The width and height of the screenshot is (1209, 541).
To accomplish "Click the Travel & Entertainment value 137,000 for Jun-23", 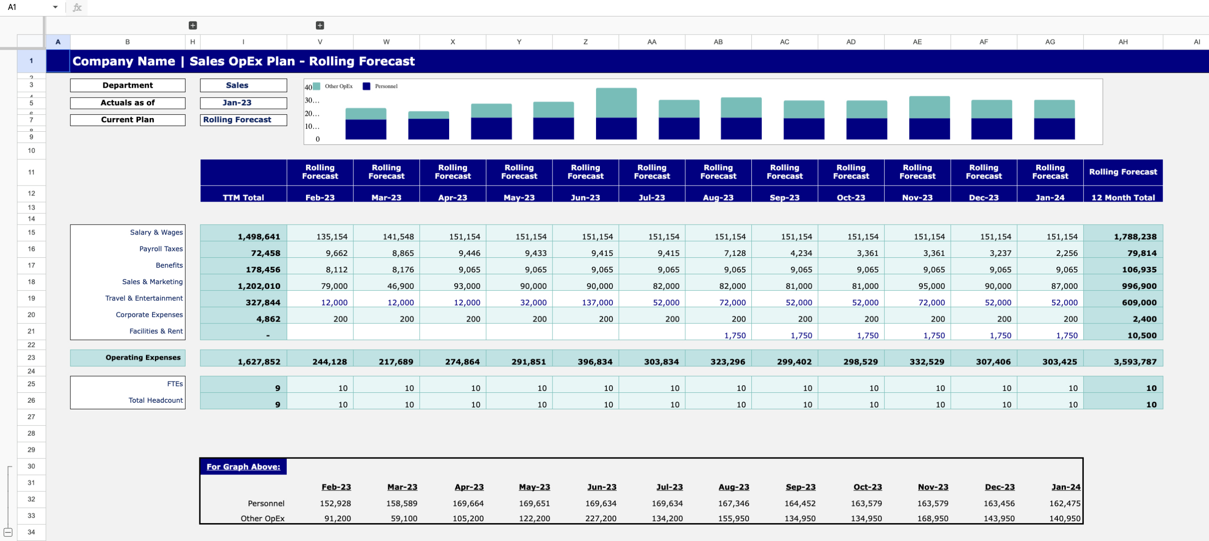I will [597, 303].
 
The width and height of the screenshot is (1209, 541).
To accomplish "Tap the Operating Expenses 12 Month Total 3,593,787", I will [1135, 362].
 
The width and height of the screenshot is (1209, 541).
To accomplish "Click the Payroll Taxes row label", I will [161, 249].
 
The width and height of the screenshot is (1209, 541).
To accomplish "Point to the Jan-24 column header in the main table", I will [1049, 197].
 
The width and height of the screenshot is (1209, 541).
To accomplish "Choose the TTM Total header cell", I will [243, 197].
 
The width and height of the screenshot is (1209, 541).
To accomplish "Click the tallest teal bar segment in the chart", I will [616, 102].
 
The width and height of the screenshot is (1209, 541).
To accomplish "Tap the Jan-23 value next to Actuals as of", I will [237, 103].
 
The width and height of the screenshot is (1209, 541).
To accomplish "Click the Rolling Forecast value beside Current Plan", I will [237, 120].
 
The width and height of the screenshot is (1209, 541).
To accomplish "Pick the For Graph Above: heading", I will [243, 466].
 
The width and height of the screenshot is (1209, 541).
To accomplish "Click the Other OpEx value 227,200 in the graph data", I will [601, 518].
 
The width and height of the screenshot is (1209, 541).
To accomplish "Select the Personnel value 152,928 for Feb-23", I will [335, 503].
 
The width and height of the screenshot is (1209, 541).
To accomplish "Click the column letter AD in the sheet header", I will [851, 42].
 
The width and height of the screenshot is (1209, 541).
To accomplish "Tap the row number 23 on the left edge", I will [31, 357].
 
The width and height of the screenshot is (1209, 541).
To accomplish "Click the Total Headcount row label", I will [155, 400].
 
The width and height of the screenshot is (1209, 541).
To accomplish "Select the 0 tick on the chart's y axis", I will [317, 139].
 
